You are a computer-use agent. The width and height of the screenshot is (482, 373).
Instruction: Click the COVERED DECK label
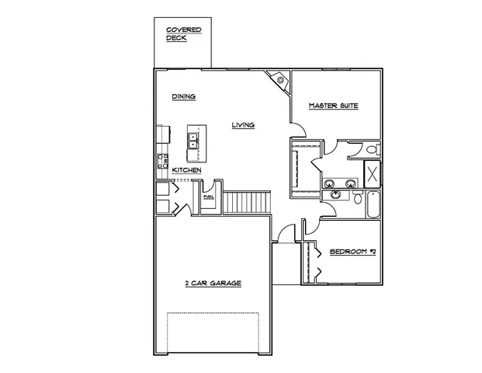[x=183, y=33]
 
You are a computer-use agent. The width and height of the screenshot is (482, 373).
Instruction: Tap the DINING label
[x=183, y=97]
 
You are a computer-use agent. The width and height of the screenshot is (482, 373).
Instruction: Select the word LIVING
[x=244, y=124]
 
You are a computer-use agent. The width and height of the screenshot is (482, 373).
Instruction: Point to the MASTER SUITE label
[x=333, y=106]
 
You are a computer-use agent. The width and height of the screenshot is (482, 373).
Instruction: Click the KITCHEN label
[x=187, y=169]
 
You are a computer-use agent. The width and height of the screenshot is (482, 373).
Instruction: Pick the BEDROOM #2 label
[x=352, y=251]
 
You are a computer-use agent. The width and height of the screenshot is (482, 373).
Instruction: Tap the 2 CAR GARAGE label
[x=213, y=284]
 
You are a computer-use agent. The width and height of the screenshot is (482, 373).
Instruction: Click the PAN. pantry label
[x=208, y=197]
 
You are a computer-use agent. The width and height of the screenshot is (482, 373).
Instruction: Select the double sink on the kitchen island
[x=192, y=141]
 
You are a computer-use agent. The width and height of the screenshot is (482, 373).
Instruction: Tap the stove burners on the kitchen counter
[x=164, y=161]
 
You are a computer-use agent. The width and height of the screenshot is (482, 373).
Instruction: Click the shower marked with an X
[x=372, y=173]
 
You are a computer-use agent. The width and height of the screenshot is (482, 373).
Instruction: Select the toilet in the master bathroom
[x=371, y=149]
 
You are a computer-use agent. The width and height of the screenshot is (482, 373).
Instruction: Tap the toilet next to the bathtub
[x=357, y=199]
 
